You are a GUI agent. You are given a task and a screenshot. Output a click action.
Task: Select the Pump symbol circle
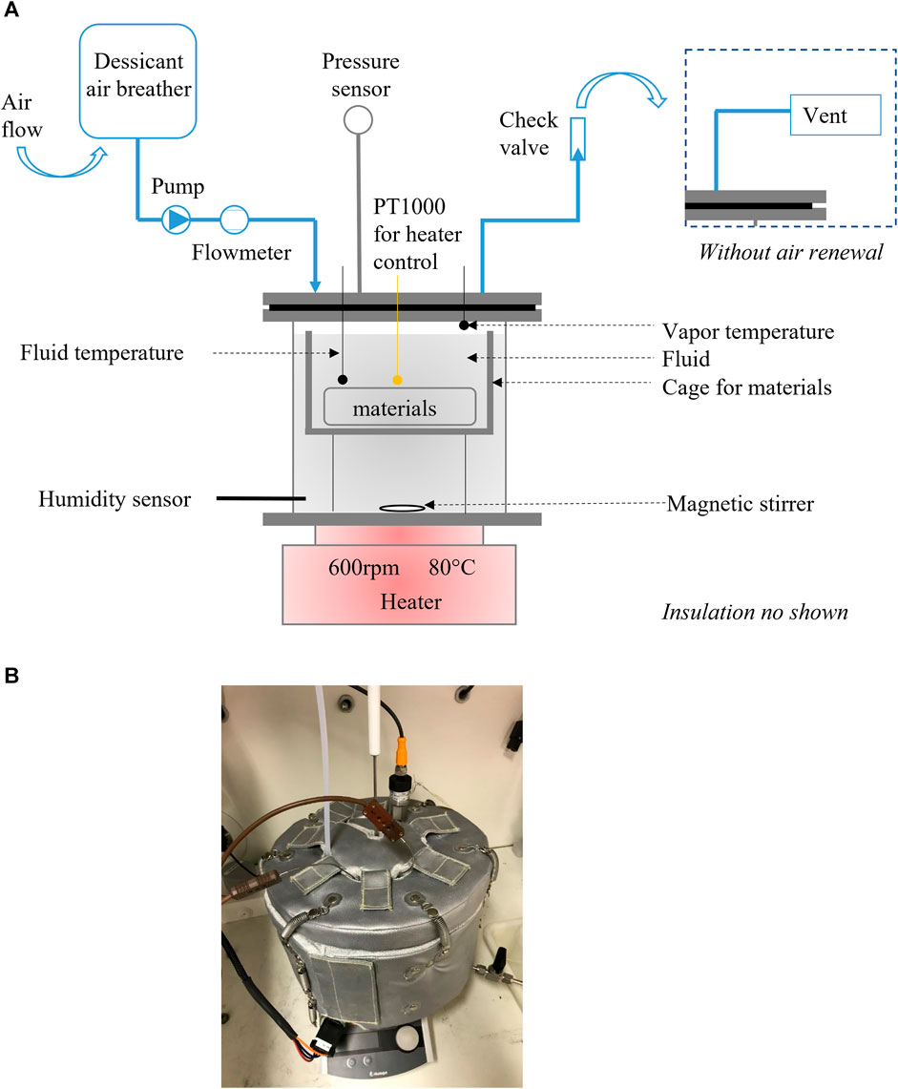click(177, 220)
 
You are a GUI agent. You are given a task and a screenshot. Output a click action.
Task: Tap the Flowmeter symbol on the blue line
click(234, 220)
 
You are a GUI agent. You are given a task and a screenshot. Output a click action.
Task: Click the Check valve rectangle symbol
click(577, 137)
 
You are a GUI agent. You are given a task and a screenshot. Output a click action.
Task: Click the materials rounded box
click(400, 408)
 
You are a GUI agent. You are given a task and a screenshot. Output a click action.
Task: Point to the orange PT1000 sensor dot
click(397, 379)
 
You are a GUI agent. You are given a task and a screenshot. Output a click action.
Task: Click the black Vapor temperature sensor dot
click(464, 325)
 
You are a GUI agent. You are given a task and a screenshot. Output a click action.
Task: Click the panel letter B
click(12, 675)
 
